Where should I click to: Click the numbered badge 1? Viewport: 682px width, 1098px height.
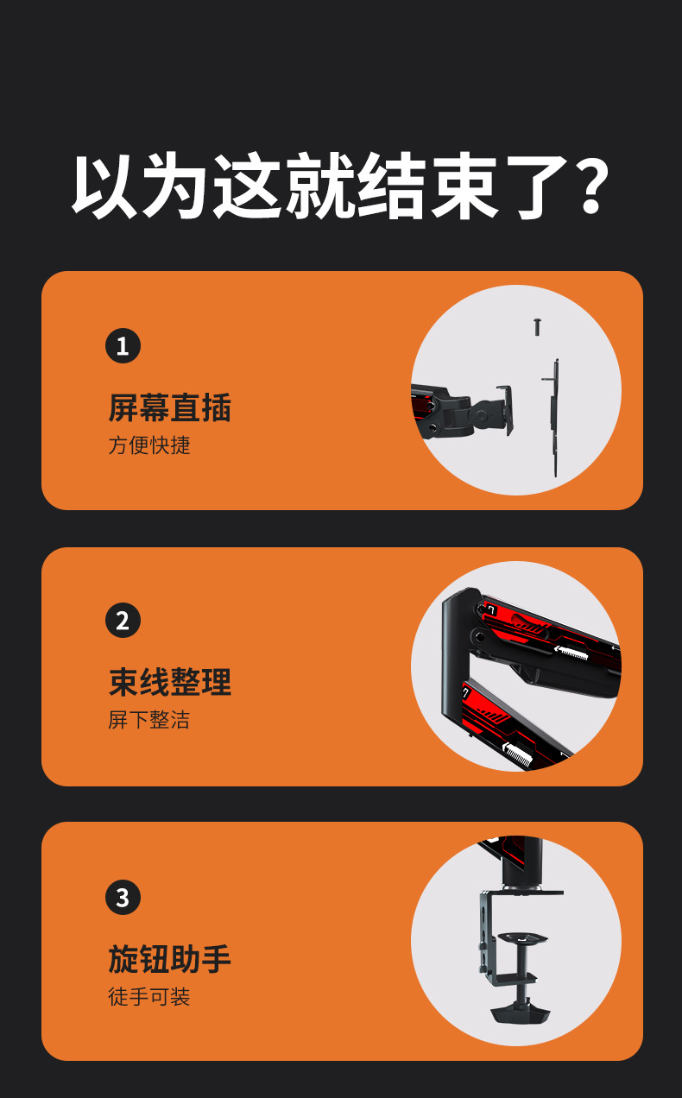point(123,345)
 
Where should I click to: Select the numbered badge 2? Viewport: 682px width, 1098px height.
point(123,620)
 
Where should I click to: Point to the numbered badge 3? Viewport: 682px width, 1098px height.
point(123,898)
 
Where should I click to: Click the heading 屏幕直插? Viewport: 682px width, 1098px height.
point(170,407)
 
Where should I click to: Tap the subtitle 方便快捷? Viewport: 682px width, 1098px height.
point(149,445)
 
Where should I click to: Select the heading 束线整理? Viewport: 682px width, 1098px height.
point(170,682)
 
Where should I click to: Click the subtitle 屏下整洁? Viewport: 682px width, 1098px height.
point(149,720)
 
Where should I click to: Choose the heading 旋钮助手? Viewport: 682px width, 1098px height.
point(170,959)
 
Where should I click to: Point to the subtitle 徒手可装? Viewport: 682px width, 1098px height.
point(149,996)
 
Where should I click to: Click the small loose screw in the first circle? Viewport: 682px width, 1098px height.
point(537,326)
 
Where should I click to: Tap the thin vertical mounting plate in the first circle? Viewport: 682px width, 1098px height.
point(554,418)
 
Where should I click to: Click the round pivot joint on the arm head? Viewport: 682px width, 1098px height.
point(482,416)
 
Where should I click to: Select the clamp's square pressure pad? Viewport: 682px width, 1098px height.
point(521,937)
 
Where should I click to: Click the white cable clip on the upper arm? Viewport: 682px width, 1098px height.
point(571,653)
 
